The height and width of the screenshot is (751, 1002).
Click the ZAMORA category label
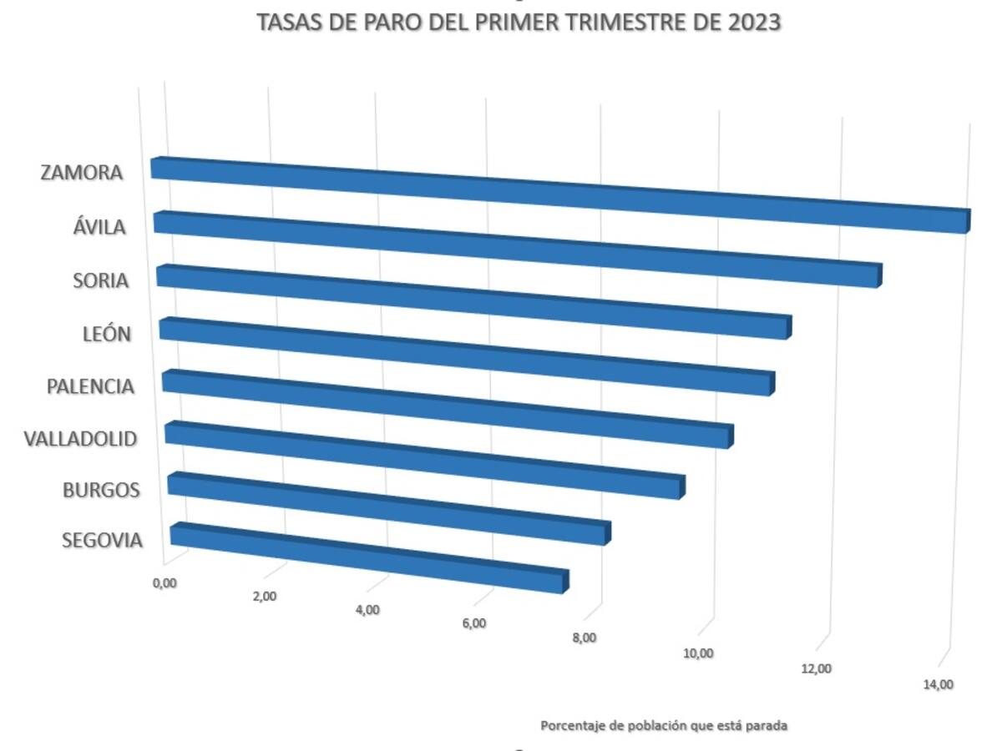pos(82,173)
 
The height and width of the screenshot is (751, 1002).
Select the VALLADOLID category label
pos(80,438)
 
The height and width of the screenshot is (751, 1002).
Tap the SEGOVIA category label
pos(102,540)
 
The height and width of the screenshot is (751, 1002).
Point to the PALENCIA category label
pos(90,386)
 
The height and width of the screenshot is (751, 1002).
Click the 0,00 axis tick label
pos(164,582)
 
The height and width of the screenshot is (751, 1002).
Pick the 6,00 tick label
pos(473,623)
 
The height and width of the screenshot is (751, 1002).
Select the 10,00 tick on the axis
pos(698,653)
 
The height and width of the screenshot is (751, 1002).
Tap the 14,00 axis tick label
pos(938,684)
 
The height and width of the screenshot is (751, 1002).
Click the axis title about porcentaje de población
pos(664,725)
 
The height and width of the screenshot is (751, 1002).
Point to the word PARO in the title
pos(380,23)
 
